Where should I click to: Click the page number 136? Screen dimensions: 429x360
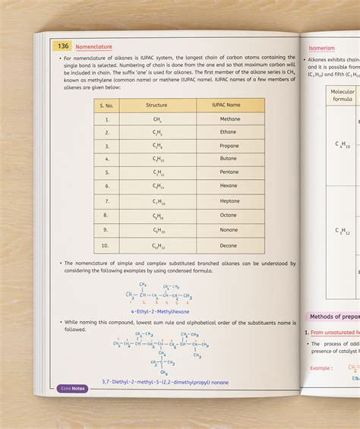click(62, 46)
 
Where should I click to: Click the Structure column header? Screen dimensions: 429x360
click(156, 105)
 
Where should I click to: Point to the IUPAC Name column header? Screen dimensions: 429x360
click(231, 105)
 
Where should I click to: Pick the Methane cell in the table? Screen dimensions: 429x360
click(231, 119)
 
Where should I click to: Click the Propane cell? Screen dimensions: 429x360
click(231, 146)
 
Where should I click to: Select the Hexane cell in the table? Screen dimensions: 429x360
click(231, 186)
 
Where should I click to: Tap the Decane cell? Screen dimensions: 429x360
click(231, 246)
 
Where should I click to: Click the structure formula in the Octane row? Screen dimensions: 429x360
click(157, 216)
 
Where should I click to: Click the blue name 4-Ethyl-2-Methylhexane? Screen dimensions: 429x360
click(159, 311)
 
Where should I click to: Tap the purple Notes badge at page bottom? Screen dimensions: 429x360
click(73, 388)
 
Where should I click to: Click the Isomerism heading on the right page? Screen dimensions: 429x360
click(321, 48)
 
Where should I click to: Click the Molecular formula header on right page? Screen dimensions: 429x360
click(343, 95)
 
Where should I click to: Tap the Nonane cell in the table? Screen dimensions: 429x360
click(231, 230)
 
